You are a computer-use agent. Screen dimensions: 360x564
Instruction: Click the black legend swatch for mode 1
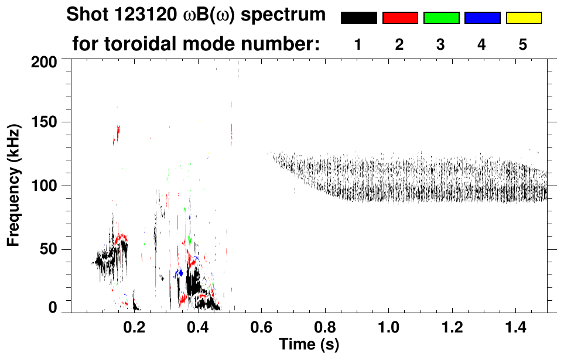[x=359, y=18]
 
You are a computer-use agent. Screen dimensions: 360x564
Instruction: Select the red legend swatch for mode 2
[x=400, y=18]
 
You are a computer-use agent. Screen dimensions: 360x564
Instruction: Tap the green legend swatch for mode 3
[x=441, y=18]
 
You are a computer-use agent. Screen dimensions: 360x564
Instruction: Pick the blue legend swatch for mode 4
[x=482, y=18]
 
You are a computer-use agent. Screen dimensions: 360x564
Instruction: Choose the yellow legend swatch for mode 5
[x=524, y=18]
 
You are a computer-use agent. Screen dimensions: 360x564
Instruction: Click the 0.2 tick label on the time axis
[x=134, y=326]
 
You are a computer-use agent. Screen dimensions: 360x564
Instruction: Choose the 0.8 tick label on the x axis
[x=326, y=326]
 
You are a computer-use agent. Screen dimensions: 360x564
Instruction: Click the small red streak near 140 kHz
[x=117, y=134]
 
